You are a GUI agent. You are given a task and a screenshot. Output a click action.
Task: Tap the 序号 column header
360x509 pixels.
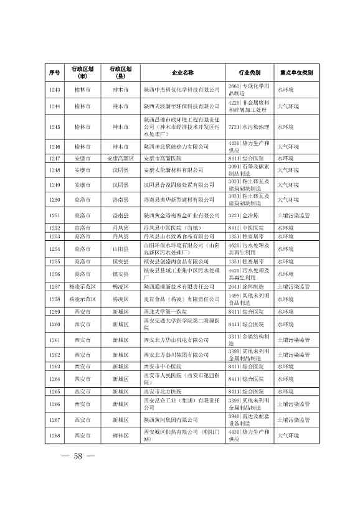54,72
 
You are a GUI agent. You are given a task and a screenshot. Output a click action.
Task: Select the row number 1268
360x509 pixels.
54,452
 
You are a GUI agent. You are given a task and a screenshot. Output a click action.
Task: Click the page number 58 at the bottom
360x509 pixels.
78,474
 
